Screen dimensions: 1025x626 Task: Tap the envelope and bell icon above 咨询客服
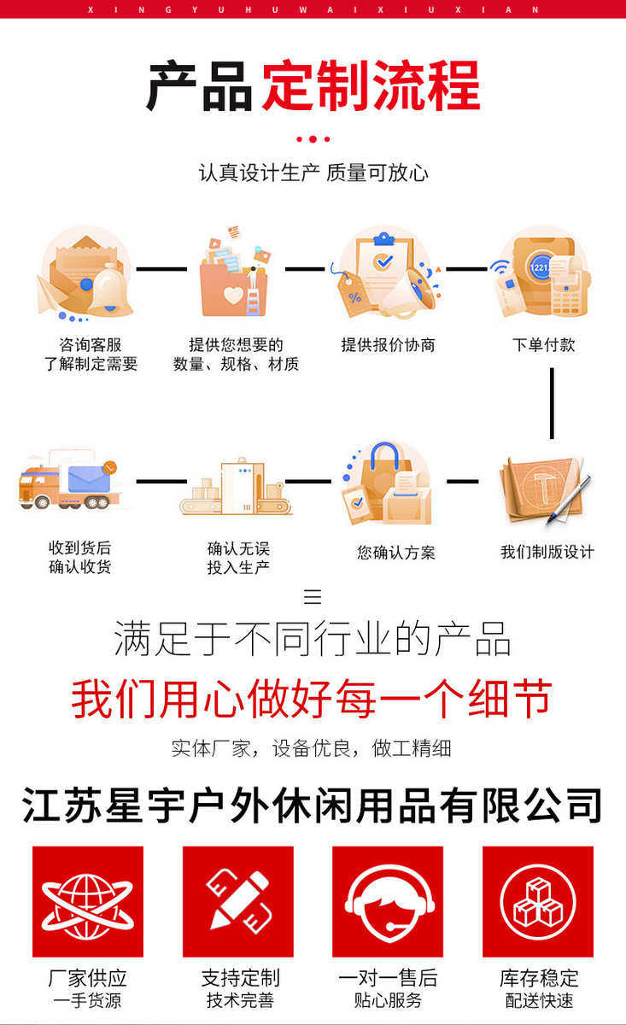point(85,272)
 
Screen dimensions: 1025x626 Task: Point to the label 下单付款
point(543,345)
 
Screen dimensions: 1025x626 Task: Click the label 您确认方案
point(395,553)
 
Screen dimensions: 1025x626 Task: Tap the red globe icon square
point(87,901)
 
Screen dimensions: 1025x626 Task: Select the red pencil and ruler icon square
point(237,901)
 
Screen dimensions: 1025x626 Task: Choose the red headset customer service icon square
point(388,901)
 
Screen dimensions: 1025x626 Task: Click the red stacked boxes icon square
point(538,901)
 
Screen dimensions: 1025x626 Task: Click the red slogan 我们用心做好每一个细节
point(312,699)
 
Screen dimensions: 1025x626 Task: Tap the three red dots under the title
point(313,138)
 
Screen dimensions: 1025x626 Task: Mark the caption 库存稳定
point(539,978)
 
